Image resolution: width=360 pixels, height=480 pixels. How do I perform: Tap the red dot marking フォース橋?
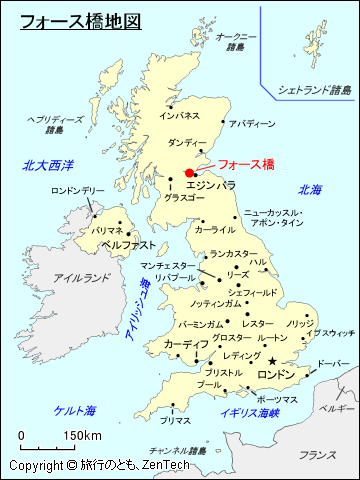(190, 172)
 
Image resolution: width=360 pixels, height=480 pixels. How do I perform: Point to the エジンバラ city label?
(211, 185)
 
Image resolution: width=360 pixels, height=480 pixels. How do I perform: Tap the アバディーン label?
(251, 124)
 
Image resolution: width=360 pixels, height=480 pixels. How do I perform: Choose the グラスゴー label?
(185, 198)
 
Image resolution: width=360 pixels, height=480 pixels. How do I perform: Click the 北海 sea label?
(310, 189)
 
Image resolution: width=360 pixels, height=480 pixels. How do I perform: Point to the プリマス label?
(176, 420)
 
